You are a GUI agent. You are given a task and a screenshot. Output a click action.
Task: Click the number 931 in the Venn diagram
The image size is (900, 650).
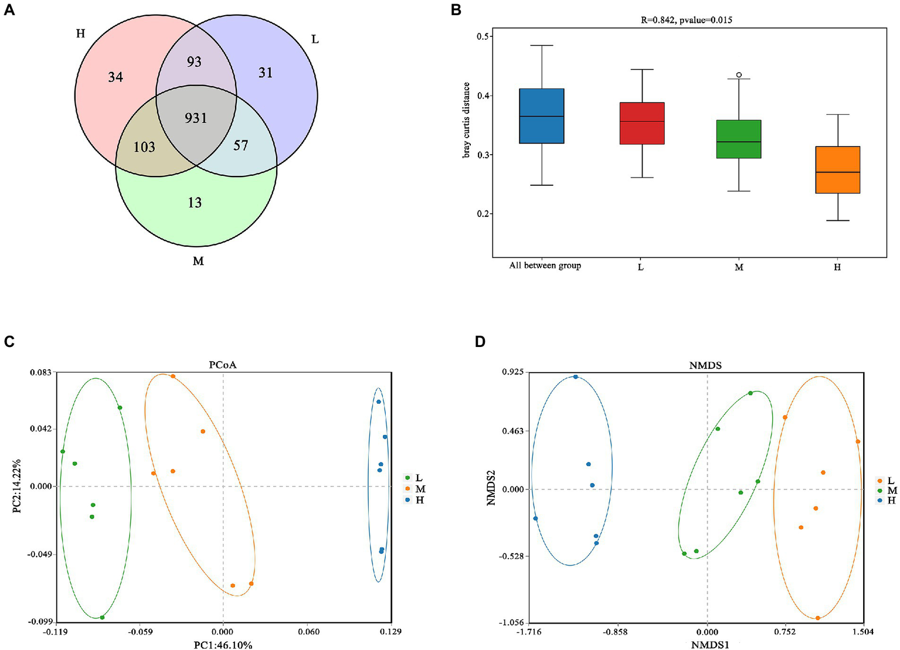pyautogui.click(x=196, y=118)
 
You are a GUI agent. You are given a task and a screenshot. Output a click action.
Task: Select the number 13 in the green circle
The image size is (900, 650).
pyautogui.click(x=195, y=202)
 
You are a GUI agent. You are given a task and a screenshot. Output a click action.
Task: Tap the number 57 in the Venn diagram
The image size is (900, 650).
pyautogui.click(x=240, y=145)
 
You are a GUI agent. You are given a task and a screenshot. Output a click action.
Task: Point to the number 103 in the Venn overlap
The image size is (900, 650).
pyautogui.click(x=144, y=147)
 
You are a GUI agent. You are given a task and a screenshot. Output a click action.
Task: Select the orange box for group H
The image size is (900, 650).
pyautogui.click(x=837, y=169)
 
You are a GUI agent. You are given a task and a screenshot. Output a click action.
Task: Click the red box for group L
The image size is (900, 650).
pyautogui.click(x=642, y=123)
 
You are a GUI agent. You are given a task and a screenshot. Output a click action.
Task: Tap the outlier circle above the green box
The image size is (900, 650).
pyautogui.click(x=739, y=75)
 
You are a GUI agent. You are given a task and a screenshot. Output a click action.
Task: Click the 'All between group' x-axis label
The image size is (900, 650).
pyautogui.click(x=545, y=266)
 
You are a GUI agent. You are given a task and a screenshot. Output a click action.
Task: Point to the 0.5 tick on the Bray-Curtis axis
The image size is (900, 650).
pyautogui.click(x=484, y=36)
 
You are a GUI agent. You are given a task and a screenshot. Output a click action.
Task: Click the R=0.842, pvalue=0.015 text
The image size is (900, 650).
pyautogui.click(x=686, y=20)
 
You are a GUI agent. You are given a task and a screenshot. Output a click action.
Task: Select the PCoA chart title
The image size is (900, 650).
pyautogui.click(x=223, y=365)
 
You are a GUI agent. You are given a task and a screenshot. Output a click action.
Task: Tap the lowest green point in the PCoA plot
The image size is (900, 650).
pyautogui.click(x=102, y=617)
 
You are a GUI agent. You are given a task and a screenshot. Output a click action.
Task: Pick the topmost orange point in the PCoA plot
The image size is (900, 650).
pyautogui.click(x=173, y=376)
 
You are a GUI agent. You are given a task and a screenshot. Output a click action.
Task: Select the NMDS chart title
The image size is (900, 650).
pyautogui.click(x=705, y=365)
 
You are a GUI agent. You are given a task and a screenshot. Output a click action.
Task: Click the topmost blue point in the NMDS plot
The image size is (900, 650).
pyautogui.click(x=576, y=377)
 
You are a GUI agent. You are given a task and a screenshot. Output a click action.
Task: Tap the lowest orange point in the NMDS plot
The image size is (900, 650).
pyautogui.click(x=818, y=618)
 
